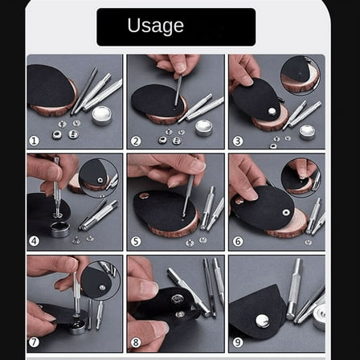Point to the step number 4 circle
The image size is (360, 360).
[x=34, y=240]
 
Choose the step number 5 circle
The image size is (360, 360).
[x=135, y=240]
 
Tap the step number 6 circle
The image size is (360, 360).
[x=237, y=240]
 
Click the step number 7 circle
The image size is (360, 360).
[x=34, y=342]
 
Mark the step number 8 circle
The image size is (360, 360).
[x=135, y=342]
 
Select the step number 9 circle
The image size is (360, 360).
[x=237, y=342]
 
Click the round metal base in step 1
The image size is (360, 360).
[x=102, y=114]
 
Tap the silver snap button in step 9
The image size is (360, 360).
[x=262, y=320]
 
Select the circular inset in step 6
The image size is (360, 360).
[x=304, y=174]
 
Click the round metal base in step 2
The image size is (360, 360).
[x=204, y=127]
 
